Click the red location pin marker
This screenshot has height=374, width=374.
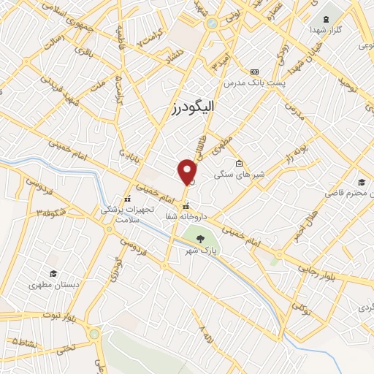(x=188, y=172)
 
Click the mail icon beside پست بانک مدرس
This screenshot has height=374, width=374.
(x=254, y=72)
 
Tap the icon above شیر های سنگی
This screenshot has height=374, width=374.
(x=239, y=163)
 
